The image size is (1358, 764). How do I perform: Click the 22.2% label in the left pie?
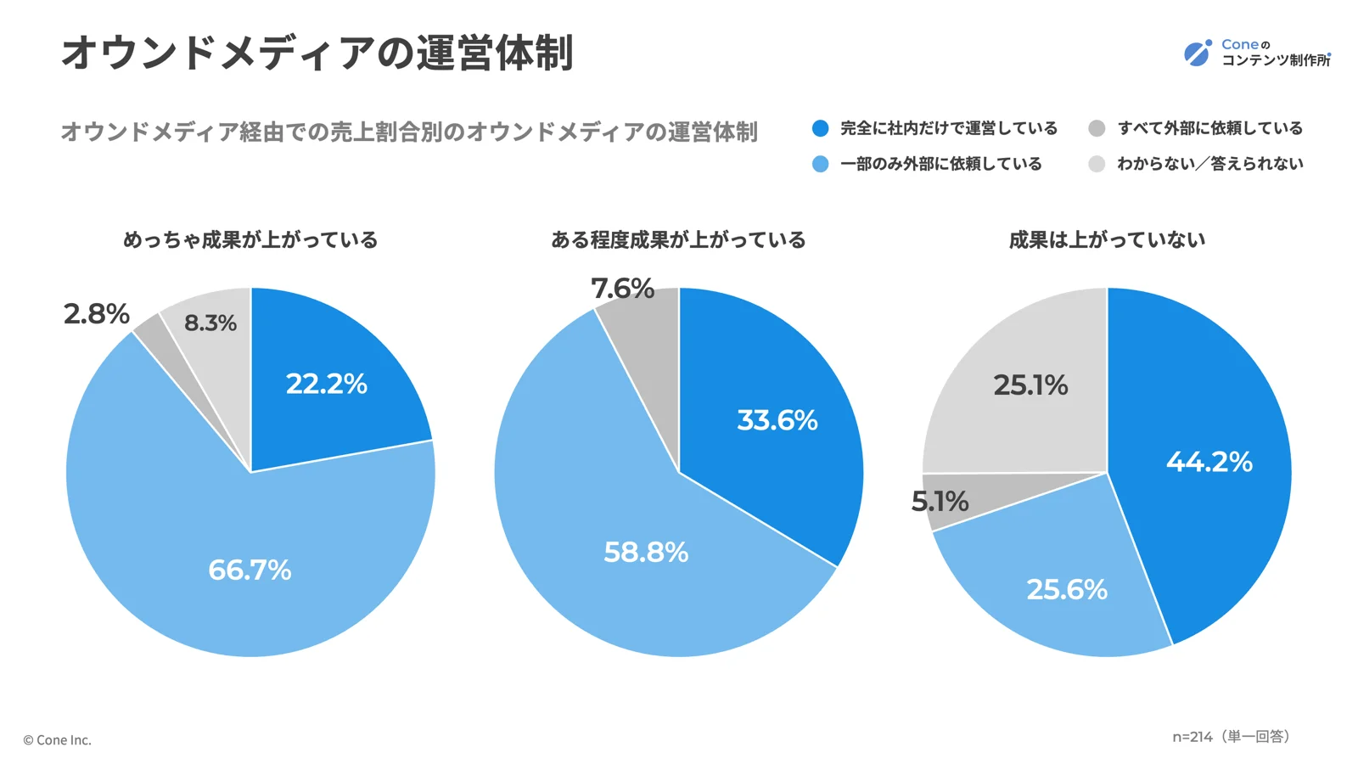326,384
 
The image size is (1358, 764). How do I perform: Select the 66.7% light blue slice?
250,569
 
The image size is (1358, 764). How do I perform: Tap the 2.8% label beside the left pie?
96,314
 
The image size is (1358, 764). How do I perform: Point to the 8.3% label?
210,323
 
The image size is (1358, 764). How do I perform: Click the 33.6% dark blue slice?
777,420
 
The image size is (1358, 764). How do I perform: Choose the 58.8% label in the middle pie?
645,553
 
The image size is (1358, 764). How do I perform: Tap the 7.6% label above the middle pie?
622,289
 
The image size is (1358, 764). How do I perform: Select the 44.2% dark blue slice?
1209,462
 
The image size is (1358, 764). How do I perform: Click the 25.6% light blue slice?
1067,589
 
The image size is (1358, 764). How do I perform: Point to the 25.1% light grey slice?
1030,385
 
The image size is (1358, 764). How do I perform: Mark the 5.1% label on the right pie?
940,502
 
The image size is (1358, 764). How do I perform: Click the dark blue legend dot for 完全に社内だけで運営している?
820,128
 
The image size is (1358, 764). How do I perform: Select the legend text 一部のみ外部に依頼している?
940,164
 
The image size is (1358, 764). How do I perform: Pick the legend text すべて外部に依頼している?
1209,128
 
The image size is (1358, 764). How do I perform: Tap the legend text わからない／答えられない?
1209,164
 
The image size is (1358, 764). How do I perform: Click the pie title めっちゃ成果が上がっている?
250,240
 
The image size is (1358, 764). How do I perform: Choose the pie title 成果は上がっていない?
1107,240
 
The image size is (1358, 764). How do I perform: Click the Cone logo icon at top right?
1198,53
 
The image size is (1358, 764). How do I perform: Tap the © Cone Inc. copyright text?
57,740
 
